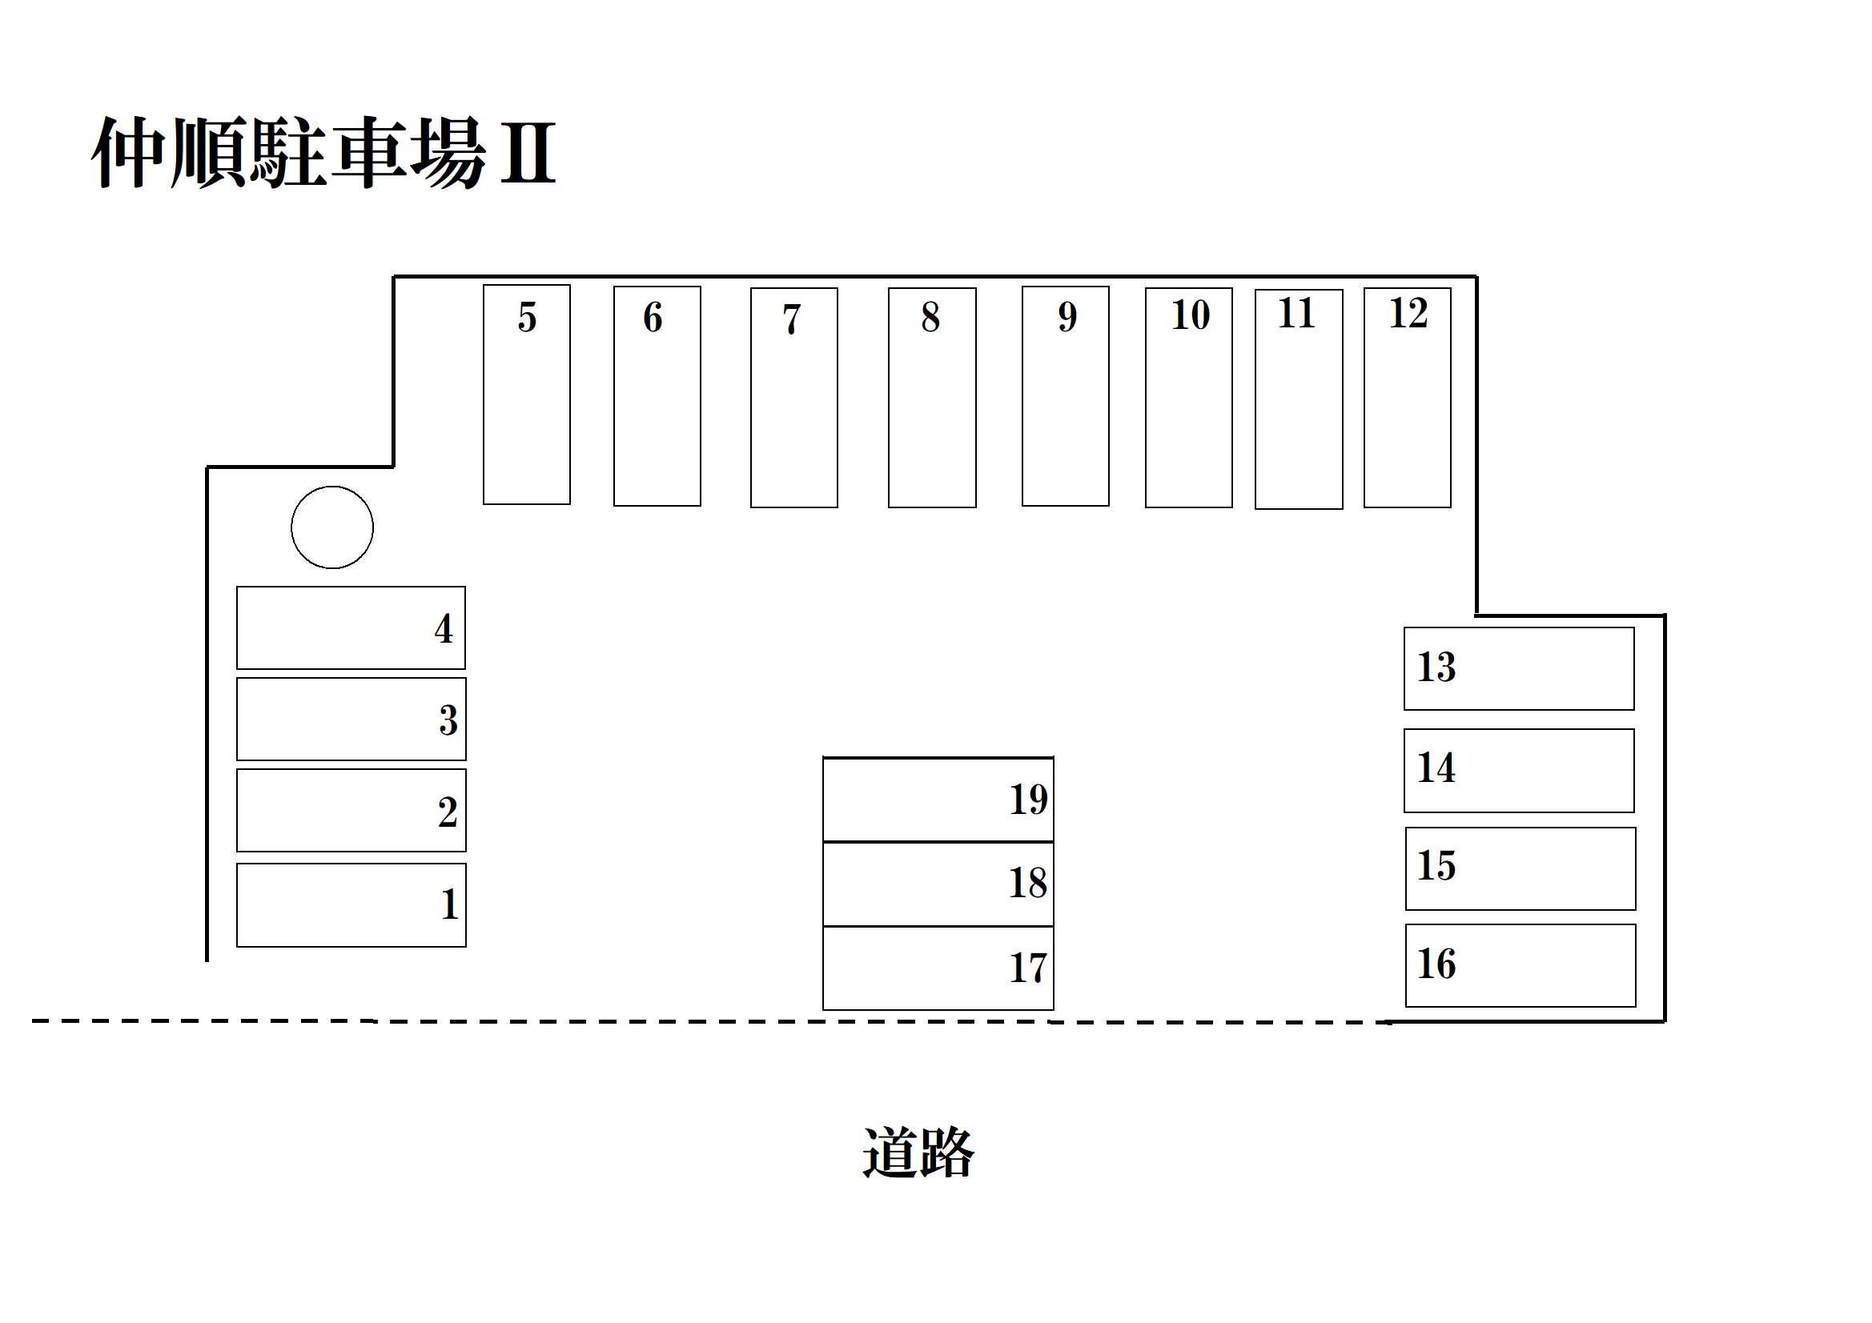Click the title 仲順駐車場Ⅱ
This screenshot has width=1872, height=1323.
(x=323, y=152)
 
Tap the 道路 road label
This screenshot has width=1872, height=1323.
(x=918, y=1153)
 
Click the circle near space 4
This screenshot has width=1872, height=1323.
(x=331, y=527)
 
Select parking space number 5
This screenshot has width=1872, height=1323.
(x=527, y=395)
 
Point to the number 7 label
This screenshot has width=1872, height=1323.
(x=792, y=319)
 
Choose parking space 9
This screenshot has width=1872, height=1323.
(x=1065, y=396)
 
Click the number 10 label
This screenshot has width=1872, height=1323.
(x=1191, y=315)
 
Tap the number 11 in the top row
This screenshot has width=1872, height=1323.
(x=1296, y=314)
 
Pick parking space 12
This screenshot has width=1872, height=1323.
(x=1408, y=398)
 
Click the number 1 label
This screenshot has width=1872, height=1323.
(x=449, y=904)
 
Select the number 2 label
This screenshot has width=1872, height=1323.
(x=448, y=812)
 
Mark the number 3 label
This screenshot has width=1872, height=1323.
(x=448, y=720)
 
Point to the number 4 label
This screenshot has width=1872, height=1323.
(x=444, y=628)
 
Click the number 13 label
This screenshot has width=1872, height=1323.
(x=1436, y=667)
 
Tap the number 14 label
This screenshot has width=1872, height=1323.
(x=1436, y=768)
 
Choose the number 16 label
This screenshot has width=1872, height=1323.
(x=1436, y=964)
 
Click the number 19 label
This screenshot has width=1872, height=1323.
(x=1028, y=800)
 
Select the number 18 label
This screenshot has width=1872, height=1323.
(x=1027, y=884)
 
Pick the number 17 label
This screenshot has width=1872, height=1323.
(x=1027, y=968)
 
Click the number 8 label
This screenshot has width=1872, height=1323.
(x=930, y=317)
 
